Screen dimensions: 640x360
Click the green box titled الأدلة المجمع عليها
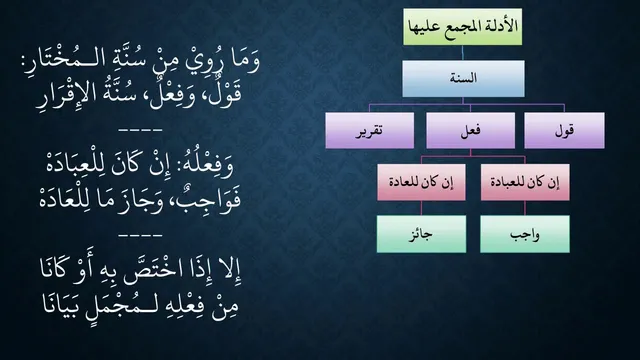point(462,27)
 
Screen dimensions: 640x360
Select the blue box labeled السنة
point(463,78)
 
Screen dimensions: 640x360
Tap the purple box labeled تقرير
point(369,131)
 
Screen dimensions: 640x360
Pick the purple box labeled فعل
point(471,131)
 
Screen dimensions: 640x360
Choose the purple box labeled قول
point(564,131)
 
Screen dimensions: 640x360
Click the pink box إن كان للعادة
point(421,182)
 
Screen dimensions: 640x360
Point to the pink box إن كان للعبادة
point(525,182)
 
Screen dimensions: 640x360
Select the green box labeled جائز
point(421,234)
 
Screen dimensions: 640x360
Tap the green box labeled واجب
point(525,234)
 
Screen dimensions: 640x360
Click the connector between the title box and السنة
point(463,53)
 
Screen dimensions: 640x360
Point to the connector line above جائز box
point(421,208)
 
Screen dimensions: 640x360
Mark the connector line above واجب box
point(525,208)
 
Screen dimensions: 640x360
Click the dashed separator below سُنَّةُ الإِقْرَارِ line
point(140,131)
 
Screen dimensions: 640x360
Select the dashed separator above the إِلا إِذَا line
point(140,236)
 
